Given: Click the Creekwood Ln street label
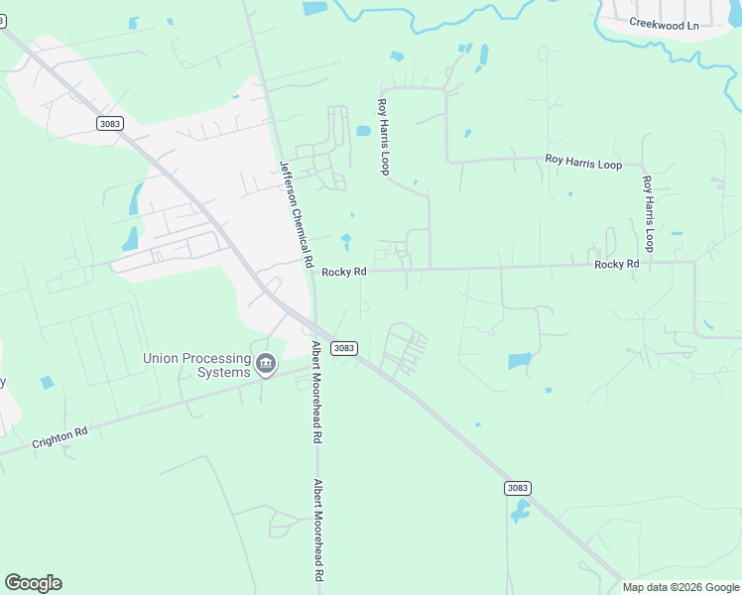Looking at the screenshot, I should pyautogui.click(x=664, y=25).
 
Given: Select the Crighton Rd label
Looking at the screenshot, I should pyautogui.click(x=60, y=438).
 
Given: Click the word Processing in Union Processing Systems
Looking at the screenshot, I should pyautogui.click(x=217, y=358).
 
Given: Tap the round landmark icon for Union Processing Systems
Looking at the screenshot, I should pyautogui.click(x=266, y=365).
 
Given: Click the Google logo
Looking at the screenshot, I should pyautogui.click(x=33, y=583).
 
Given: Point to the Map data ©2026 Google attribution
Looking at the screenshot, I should pyautogui.click(x=680, y=587).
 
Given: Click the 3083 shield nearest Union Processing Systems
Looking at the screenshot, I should pyautogui.click(x=344, y=348).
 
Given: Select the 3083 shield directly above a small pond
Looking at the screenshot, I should pyautogui.click(x=517, y=488).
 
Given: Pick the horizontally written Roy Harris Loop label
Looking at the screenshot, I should pyautogui.click(x=583, y=162).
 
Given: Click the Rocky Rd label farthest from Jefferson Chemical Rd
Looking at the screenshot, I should pyautogui.click(x=617, y=265).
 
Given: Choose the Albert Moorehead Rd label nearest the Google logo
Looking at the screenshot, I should pyautogui.click(x=319, y=531).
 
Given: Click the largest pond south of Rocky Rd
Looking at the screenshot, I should pyautogui.click(x=520, y=361).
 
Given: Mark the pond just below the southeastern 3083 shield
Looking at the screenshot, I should pyautogui.click(x=520, y=512).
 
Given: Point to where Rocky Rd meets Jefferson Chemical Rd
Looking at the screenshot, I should pyautogui.click(x=313, y=271).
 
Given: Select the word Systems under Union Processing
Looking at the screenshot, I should pyautogui.click(x=223, y=372).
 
